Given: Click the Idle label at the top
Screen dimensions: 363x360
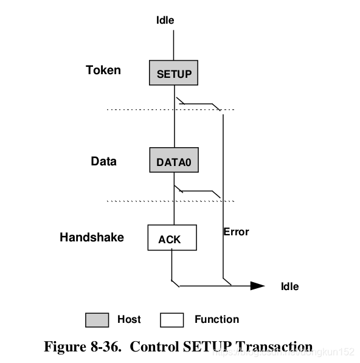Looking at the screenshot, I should pyautogui.click(x=165, y=20).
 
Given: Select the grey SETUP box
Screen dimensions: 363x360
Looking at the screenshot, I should pyautogui.click(x=174, y=74).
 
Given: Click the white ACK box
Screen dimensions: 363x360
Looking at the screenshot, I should pyautogui.click(x=172, y=238).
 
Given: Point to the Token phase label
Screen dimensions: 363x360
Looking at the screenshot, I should pyautogui.click(x=103, y=70).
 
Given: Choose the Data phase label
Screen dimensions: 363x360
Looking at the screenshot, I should pyautogui.click(x=103, y=161).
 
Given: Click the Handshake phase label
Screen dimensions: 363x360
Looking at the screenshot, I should pyautogui.click(x=91, y=237).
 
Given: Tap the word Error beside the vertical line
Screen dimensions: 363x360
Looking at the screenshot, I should pyautogui.click(x=236, y=232).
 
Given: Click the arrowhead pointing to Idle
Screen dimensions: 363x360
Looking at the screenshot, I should pyautogui.click(x=257, y=285).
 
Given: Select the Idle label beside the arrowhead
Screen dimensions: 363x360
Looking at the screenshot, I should pyautogui.click(x=289, y=286).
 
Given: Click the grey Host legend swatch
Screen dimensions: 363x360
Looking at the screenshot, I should pyautogui.click(x=97, y=320).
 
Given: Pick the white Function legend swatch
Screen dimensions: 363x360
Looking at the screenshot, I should pyautogui.click(x=171, y=320).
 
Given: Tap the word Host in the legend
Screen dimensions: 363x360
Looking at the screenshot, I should pyautogui.click(x=128, y=319).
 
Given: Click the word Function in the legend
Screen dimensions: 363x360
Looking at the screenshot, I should pyautogui.click(x=216, y=319).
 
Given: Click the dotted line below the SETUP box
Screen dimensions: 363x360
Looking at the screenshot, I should pyautogui.click(x=140, y=109).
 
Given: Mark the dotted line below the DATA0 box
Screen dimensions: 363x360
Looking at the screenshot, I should pyautogui.click(x=140, y=201).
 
